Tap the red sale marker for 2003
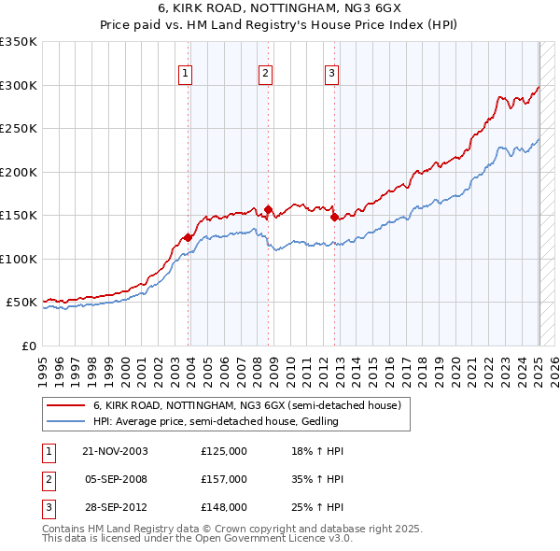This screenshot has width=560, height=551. click(x=189, y=237)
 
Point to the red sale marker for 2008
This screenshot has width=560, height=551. click(x=269, y=209)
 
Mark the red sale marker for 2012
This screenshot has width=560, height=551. click(x=335, y=217)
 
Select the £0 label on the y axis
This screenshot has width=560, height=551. click(x=30, y=346)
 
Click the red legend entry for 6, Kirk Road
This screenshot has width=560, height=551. click(x=246, y=405)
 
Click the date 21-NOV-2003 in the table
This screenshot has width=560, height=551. click(x=115, y=451)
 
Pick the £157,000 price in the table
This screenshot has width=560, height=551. click(x=224, y=479)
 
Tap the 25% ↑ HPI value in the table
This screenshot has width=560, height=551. click(x=318, y=507)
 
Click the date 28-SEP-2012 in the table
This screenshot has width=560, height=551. click(x=115, y=507)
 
